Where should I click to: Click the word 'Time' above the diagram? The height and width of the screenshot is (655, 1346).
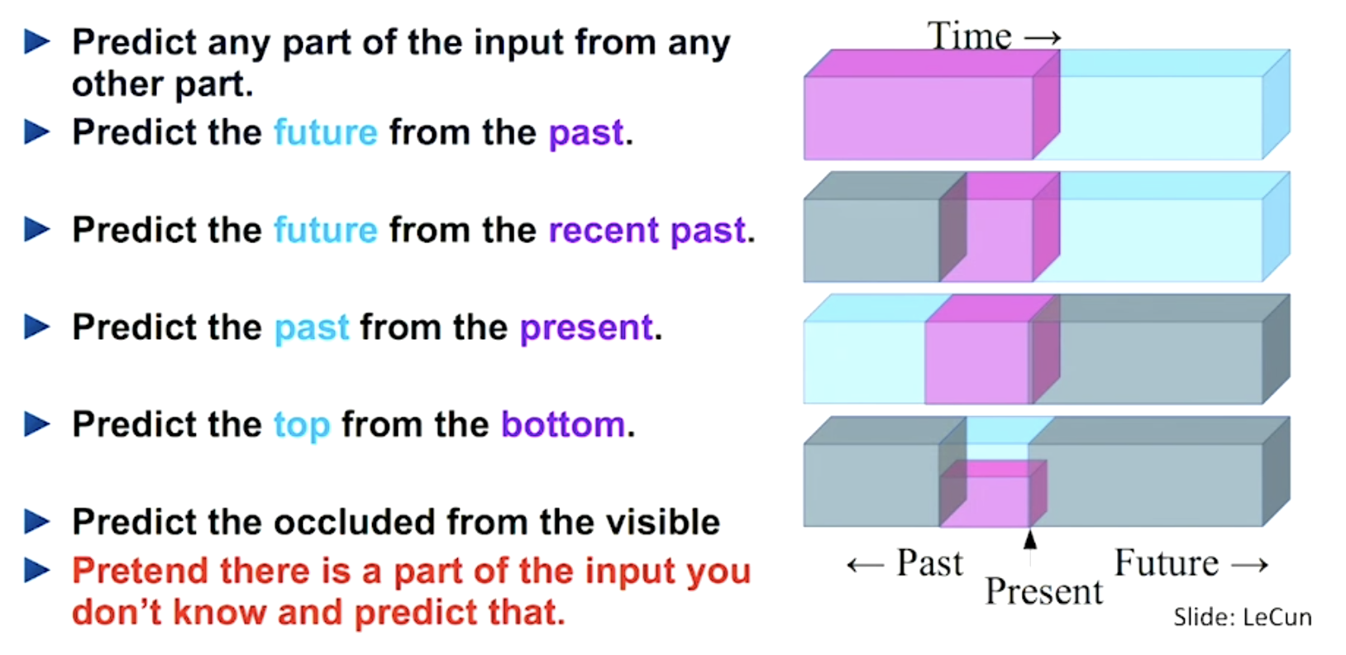(x=969, y=36)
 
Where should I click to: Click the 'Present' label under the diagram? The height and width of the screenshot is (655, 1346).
(x=1043, y=591)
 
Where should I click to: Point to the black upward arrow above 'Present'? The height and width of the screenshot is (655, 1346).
(x=1029, y=540)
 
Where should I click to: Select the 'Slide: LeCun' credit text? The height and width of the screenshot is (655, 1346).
(x=1242, y=617)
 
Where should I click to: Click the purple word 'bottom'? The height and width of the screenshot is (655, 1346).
(x=563, y=424)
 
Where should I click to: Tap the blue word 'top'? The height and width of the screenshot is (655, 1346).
(x=302, y=425)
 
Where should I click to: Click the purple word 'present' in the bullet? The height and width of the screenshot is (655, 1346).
(x=586, y=327)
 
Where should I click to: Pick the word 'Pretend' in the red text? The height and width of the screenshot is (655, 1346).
(x=139, y=571)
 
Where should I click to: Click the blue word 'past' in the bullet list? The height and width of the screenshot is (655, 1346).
(x=312, y=327)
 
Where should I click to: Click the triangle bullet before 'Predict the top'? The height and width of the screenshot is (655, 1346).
(x=37, y=424)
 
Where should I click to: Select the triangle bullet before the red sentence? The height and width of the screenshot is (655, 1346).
(x=37, y=570)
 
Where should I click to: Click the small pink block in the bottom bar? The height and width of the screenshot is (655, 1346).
(x=986, y=500)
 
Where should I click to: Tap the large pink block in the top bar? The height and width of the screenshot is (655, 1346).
(x=918, y=116)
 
